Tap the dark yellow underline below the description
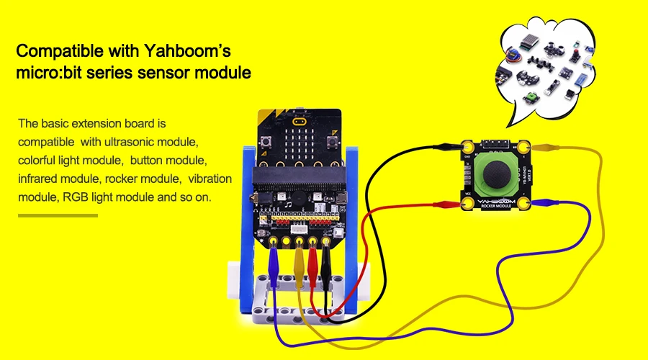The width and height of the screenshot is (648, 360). click(58, 215)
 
